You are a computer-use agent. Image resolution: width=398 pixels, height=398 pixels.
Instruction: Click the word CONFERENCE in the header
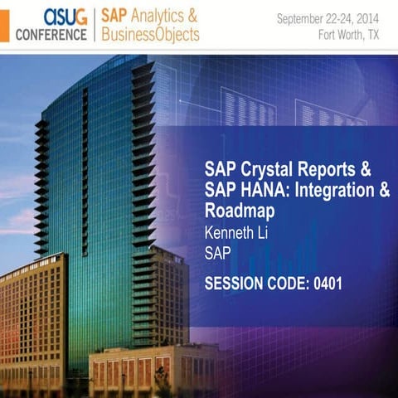51,34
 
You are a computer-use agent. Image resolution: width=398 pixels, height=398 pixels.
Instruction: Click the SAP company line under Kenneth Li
218,252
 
